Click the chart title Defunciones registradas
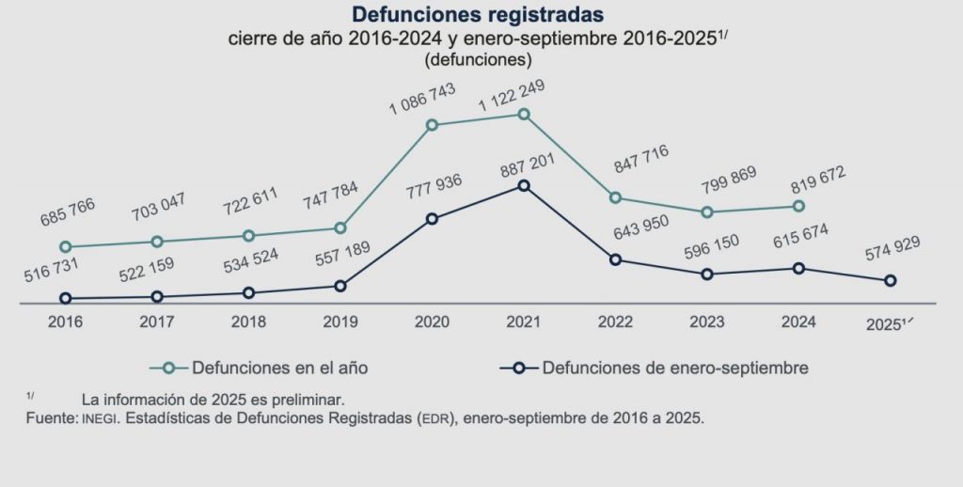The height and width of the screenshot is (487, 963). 478,15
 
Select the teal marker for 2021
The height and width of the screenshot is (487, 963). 524,115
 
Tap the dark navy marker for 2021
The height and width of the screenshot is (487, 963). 524,185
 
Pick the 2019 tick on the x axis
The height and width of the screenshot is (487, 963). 339,322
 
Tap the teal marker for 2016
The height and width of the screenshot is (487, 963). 66,247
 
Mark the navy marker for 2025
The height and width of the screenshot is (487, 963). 890,280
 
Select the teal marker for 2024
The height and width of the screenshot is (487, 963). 798,206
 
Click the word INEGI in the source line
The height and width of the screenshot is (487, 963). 98,417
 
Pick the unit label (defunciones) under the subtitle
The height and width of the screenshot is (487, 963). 479,58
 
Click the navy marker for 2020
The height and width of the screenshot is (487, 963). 432,219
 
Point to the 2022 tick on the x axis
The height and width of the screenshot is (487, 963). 615,322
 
